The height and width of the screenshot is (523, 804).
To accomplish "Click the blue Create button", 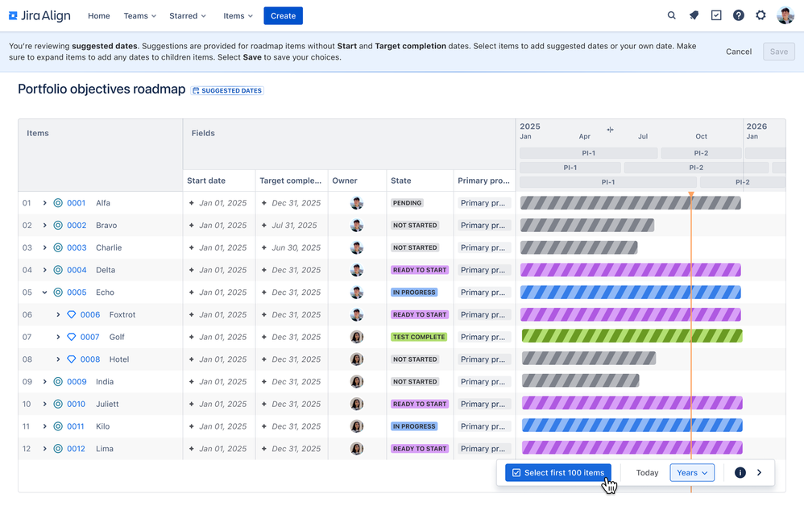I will (x=283, y=15).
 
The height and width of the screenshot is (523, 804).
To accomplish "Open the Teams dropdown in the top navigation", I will (x=139, y=16).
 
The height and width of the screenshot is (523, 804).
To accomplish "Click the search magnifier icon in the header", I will (x=672, y=15).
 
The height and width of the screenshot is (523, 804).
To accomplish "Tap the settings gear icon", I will (x=760, y=15).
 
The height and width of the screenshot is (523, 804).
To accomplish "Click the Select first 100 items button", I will (x=558, y=472).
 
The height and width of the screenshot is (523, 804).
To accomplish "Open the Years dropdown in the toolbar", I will (x=692, y=472).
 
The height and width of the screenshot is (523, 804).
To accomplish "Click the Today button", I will (x=647, y=472).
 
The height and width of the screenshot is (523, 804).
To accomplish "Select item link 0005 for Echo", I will (x=77, y=293).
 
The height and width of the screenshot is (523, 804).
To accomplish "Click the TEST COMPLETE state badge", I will (x=419, y=337).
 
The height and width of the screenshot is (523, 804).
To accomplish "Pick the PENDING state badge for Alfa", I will (x=408, y=203).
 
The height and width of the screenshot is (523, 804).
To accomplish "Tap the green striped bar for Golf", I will (x=632, y=337).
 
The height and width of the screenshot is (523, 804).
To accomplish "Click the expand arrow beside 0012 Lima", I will (x=45, y=449).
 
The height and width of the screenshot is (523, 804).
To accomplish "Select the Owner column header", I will (x=345, y=181).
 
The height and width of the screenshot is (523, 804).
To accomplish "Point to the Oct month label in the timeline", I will (x=701, y=136).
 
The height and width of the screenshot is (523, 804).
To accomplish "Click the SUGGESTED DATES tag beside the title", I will (x=227, y=90).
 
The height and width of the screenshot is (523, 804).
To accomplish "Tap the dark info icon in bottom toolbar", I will (x=740, y=472).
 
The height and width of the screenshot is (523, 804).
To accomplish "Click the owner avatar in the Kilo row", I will (x=357, y=426).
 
